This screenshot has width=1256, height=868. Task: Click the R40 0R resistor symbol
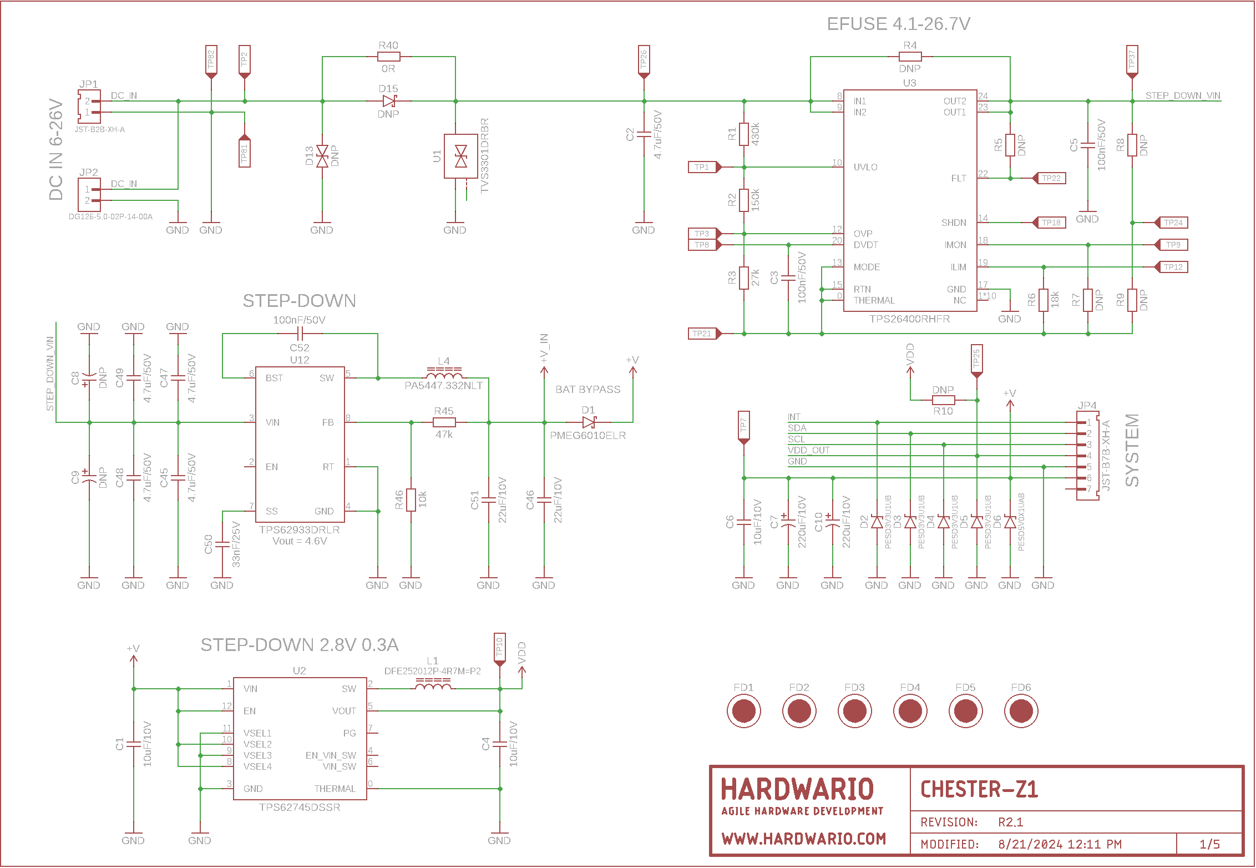tap(388, 57)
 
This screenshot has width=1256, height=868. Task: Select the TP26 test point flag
tap(644, 60)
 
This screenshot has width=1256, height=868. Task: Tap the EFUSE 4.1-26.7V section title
tap(898, 24)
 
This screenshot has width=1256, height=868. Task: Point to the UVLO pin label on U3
tap(865, 167)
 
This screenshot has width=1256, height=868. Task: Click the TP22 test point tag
tap(1050, 178)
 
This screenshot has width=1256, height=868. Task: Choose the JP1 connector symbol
tap(89, 107)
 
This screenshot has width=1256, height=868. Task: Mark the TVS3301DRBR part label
tap(485, 155)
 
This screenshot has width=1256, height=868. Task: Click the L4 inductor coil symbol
tap(444, 374)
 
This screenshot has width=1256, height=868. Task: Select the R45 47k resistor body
tap(444, 422)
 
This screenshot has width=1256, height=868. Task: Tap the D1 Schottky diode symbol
tap(589, 422)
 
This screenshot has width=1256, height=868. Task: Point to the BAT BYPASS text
tap(588, 390)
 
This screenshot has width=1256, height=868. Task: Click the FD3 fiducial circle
tap(854, 711)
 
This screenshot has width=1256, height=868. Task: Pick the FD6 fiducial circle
tap(1021, 711)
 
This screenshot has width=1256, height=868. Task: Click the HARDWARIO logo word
tap(797, 789)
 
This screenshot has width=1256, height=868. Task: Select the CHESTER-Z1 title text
tap(979, 789)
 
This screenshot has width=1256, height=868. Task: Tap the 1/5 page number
tap(1209, 844)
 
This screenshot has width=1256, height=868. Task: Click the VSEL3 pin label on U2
tap(257, 755)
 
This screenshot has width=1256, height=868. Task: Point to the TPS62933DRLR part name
tap(300, 530)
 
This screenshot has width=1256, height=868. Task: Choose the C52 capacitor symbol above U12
tap(300, 334)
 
